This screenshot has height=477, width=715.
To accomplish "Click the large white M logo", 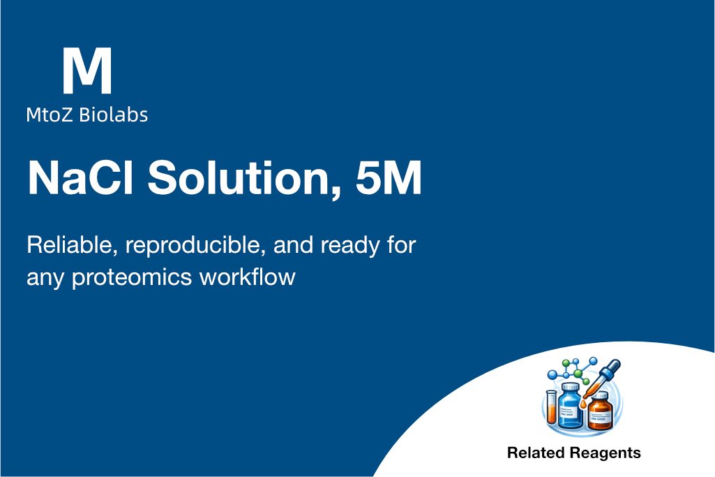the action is click(87, 71).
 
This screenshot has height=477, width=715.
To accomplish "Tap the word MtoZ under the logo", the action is click(50, 115).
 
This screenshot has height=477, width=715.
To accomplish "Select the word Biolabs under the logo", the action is click(114, 115).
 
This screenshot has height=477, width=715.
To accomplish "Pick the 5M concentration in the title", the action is click(389, 177).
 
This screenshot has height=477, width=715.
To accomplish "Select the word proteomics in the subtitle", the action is click(132, 278).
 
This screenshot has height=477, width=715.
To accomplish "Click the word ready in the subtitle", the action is click(349, 247).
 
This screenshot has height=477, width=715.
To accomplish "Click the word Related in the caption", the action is click(536, 453).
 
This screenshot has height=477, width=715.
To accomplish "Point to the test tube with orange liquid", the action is click(551, 407).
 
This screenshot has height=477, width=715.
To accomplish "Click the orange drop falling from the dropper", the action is click(583, 404).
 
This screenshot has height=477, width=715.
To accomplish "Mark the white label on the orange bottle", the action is click(601, 416).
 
